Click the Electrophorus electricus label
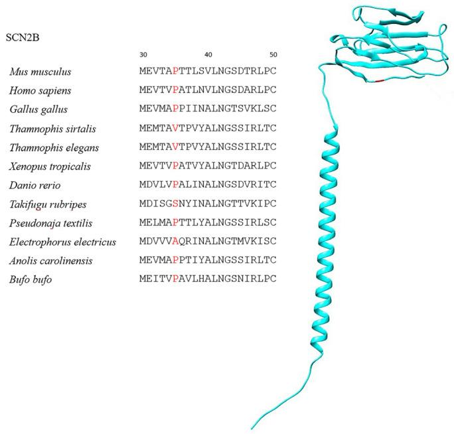coord(62,242)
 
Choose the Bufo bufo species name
coord(31,280)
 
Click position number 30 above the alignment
coord(143,54)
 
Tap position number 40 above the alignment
coord(208,54)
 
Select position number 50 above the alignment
coord(273,54)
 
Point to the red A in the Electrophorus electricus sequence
coord(175,242)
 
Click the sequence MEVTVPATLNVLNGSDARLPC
coord(207,89)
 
